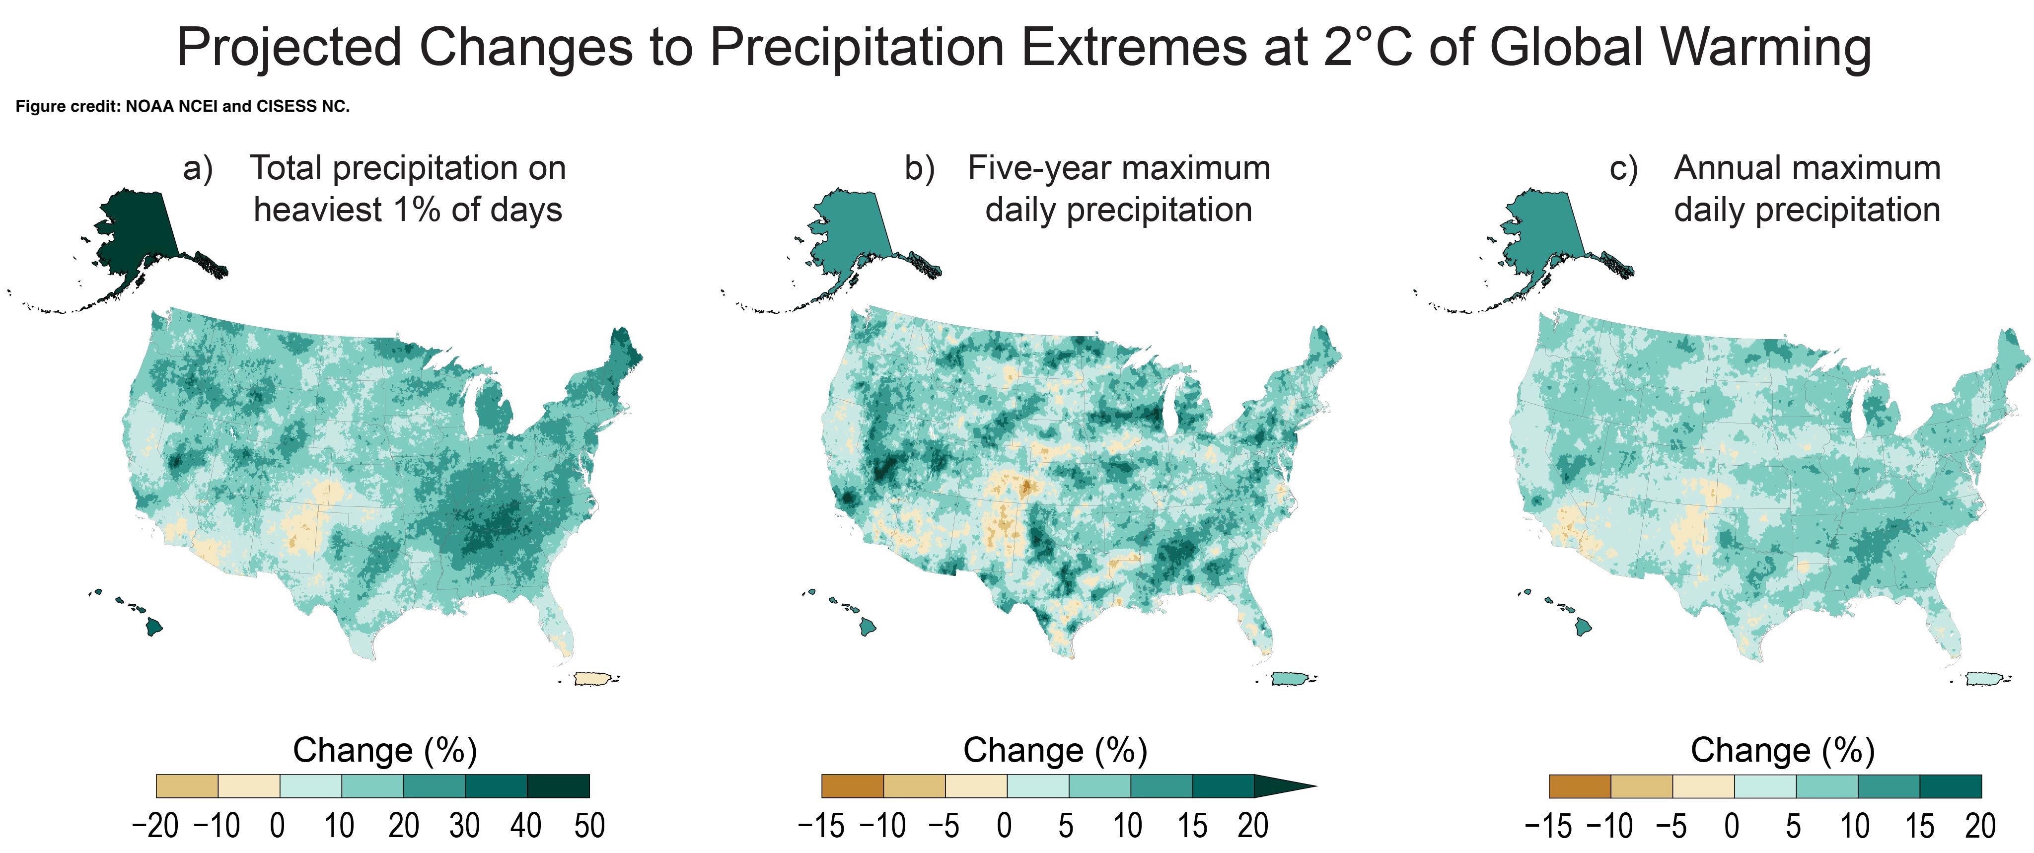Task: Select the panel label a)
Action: click(198, 169)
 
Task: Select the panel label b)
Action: click(920, 169)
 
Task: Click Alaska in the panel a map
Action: click(138, 237)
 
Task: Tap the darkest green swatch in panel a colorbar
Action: click(558, 786)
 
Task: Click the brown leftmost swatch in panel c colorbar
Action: click(1579, 786)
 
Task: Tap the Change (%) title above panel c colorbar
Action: click(1782, 750)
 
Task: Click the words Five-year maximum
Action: click(1119, 169)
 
